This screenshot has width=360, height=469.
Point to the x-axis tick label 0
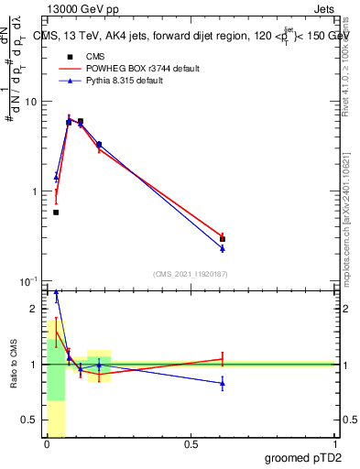46,444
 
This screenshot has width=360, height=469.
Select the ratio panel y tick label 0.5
32,420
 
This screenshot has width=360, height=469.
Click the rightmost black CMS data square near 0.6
223,239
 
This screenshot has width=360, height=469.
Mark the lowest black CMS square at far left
56,213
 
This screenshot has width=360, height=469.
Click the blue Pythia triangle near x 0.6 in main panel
223,248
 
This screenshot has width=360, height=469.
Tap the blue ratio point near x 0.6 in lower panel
223,383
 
